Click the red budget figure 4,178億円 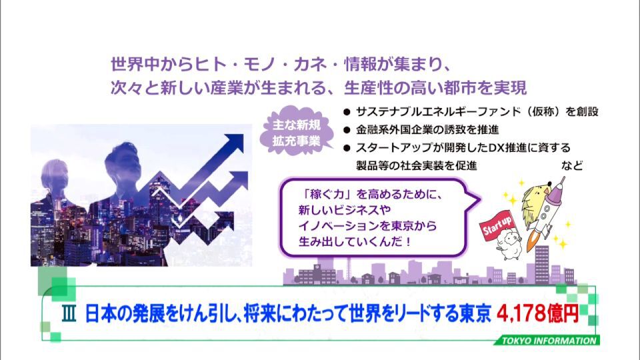pos(537,313)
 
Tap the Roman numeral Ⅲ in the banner pos(69,314)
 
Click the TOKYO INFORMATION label pos(549,341)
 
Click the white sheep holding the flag pos(508,243)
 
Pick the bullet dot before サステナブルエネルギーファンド pos(347,112)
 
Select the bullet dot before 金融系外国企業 pos(347,130)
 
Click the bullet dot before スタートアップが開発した pos(347,148)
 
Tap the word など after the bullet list pos(572,166)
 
